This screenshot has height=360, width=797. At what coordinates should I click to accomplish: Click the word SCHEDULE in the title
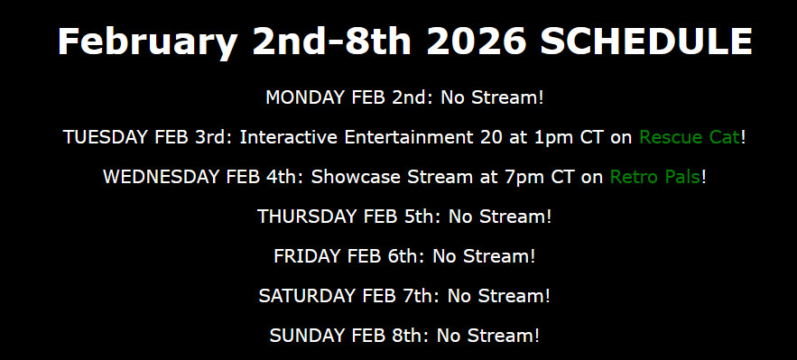[x=646, y=42]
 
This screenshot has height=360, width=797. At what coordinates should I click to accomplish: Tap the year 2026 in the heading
[x=477, y=42]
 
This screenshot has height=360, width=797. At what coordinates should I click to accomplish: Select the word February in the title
[x=148, y=43]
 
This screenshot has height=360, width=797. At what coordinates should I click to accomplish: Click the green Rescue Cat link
[x=690, y=137]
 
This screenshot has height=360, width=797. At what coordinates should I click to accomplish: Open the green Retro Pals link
[x=655, y=177]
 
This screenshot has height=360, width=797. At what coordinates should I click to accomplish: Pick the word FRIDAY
[x=307, y=256]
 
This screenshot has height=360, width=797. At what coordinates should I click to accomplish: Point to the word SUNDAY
[x=305, y=336]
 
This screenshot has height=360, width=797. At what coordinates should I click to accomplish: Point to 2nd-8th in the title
[x=332, y=42]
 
